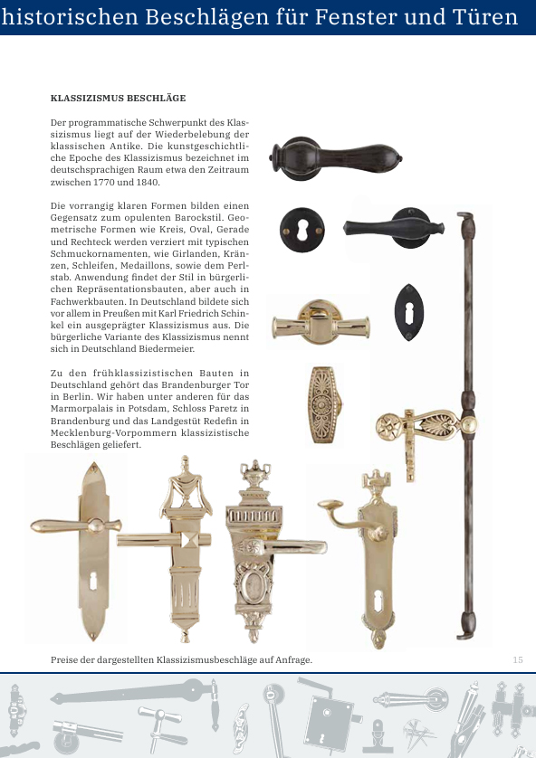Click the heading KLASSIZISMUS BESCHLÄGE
click(x=118, y=97)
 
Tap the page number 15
click(x=518, y=659)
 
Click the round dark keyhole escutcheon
click(x=300, y=225)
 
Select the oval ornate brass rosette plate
click(x=323, y=404)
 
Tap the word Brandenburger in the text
click(x=195, y=384)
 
